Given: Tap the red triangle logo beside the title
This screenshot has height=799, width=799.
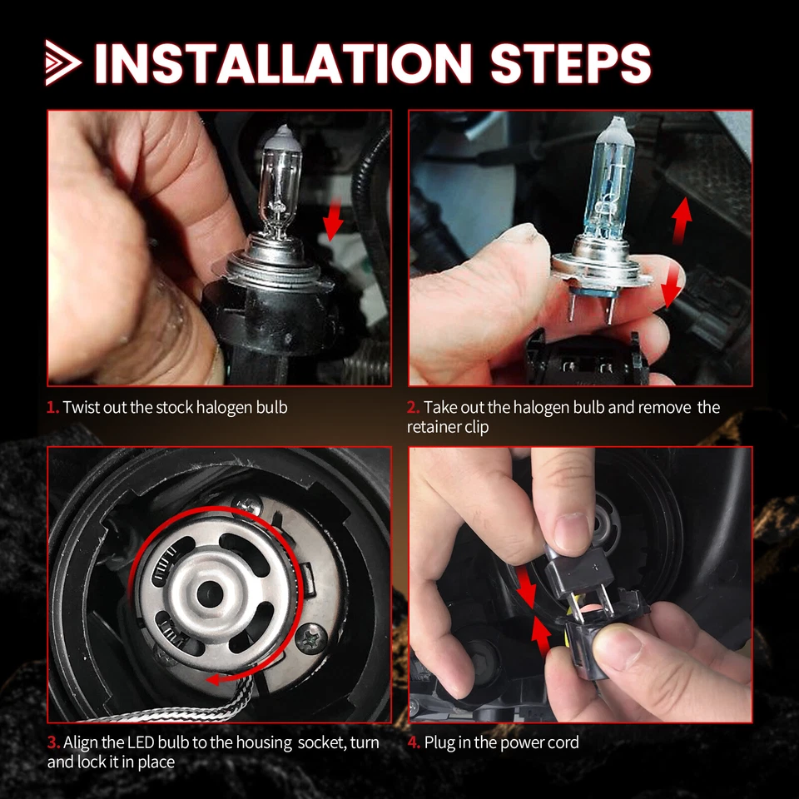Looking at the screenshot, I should (63, 63).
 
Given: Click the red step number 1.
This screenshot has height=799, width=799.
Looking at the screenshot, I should (52, 408).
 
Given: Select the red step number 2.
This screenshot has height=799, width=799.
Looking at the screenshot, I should (413, 408).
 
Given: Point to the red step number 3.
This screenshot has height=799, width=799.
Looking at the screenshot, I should (52, 742).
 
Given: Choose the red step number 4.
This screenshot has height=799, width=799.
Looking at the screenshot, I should (414, 742).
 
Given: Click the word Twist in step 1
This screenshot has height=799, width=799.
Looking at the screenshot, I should (80, 408).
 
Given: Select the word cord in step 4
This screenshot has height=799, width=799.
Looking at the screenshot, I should (561, 742).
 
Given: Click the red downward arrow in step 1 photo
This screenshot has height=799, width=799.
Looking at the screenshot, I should (334, 221).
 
